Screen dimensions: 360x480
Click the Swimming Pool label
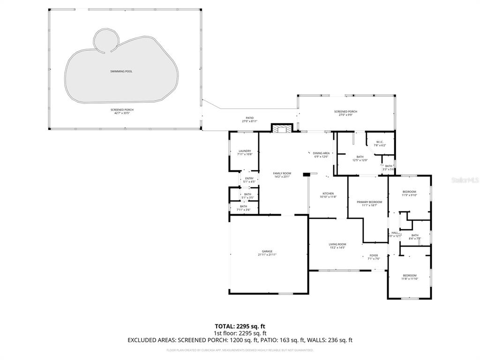click(121, 71)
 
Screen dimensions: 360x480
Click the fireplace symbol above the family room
click(282, 128)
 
